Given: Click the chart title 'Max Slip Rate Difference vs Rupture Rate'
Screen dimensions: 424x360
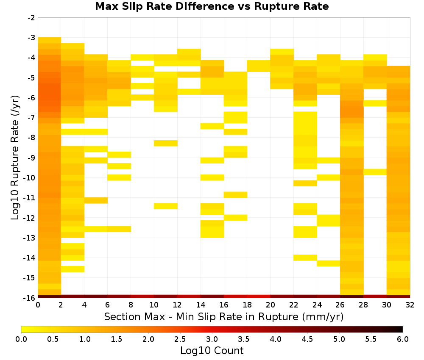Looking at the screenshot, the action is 212,6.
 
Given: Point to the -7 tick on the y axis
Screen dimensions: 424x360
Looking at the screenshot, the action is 31,117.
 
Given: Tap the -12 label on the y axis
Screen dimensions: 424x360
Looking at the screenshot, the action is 30,218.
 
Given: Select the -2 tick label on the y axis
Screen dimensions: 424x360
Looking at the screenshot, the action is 31,18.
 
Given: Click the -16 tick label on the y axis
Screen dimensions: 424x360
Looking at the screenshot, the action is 30,298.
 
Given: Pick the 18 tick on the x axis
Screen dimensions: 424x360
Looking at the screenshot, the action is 247,305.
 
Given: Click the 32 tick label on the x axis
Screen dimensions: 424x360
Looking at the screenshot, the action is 410,305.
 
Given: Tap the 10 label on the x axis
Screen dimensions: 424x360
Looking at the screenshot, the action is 154,305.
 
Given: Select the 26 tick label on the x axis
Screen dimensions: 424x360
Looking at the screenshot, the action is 340,305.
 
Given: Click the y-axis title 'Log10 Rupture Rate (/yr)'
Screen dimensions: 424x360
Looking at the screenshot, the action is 15,158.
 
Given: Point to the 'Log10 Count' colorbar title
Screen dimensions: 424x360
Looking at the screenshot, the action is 212,351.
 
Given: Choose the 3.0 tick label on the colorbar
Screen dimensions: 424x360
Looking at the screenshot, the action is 212,339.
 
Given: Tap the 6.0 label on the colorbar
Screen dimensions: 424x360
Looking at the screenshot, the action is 403,339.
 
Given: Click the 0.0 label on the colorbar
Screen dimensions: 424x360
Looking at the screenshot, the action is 21,339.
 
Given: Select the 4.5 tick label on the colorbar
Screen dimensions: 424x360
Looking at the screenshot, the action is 307,339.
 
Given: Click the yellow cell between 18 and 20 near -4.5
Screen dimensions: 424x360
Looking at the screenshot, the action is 259,66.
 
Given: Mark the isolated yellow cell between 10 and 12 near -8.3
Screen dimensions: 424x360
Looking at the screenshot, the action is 166,143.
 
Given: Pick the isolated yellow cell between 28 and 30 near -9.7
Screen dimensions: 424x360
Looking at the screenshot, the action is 375,172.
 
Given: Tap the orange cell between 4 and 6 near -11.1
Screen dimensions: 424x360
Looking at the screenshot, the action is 96,200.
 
